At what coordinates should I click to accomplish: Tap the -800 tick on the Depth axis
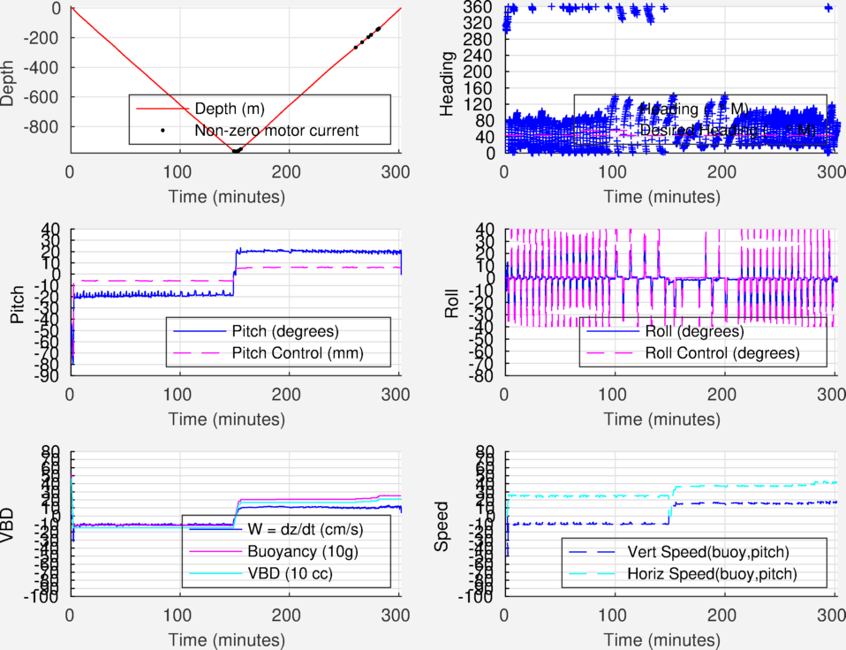(x=41, y=126)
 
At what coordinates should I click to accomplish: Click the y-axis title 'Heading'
(x=449, y=80)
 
